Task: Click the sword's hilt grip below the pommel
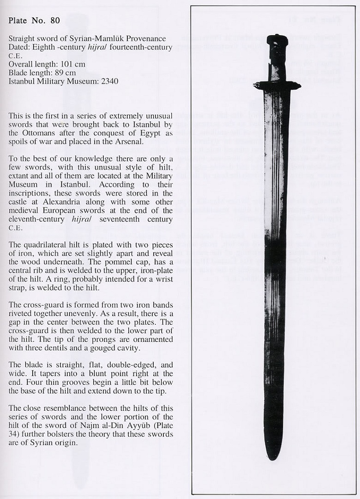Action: tap(277, 61)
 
